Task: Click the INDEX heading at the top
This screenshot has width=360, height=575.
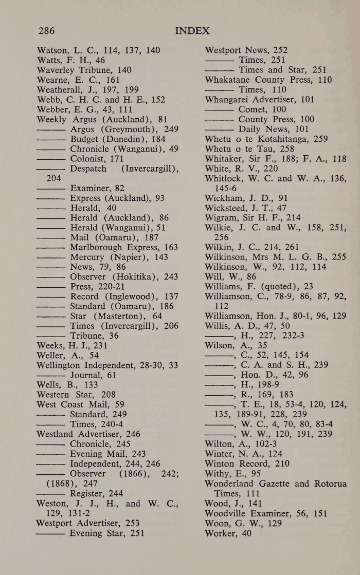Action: [192, 31]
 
